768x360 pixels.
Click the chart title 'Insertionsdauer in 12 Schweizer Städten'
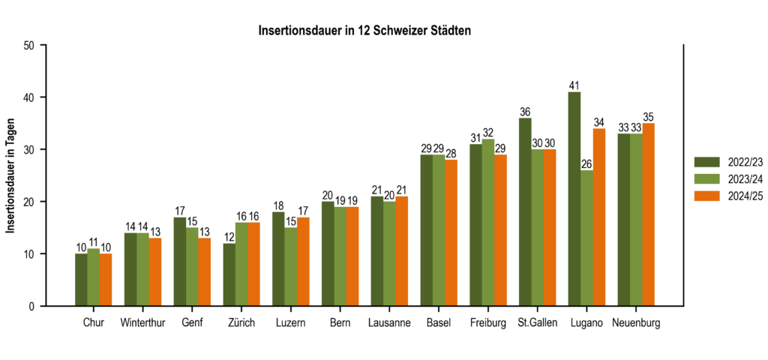point(364,31)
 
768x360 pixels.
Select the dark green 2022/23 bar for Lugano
point(574,199)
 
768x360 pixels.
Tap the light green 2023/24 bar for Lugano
point(586,238)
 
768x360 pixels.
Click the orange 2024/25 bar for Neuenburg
point(648,214)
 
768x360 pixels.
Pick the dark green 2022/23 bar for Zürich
point(229,274)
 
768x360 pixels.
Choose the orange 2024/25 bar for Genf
point(204,271)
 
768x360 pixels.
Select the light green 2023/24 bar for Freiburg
point(488,222)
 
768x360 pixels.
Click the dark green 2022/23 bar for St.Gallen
point(525,211)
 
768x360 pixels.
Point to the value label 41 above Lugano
point(574,85)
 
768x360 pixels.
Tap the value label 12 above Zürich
point(229,238)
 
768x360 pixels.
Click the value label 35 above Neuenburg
point(648,117)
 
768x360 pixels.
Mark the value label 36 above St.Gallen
point(525,112)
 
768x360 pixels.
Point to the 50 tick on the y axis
point(29,45)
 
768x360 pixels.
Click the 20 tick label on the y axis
point(29,202)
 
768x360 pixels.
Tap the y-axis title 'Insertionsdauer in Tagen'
point(11,175)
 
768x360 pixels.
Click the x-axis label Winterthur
point(142,323)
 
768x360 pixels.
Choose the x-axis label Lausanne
point(389,323)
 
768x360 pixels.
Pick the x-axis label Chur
point(93,323)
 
